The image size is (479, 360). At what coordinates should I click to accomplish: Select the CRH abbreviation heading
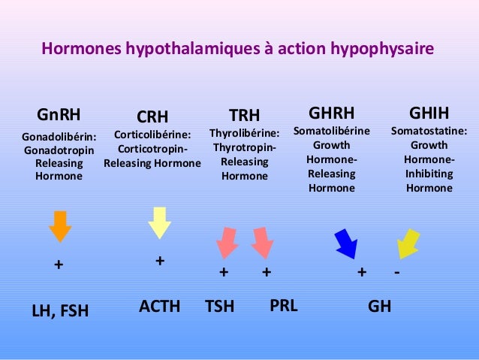click(152, 116)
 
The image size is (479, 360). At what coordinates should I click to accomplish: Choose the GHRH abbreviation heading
click(331, 113)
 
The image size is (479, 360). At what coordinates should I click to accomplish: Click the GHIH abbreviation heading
click(429, 113)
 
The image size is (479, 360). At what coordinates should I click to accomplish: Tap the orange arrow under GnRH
click(59, 225)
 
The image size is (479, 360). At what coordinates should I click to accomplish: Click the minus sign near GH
click(396, 271)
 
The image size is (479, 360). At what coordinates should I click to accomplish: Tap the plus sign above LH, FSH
click(58, 265)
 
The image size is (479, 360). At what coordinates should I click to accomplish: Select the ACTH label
click(160, 306)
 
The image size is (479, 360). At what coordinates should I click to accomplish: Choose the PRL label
click(283, 306)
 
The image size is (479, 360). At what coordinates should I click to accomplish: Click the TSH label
click(220, 307)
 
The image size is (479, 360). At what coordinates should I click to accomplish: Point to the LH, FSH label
click(59, 309)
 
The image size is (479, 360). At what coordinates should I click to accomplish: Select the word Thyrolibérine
click(244, 133)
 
